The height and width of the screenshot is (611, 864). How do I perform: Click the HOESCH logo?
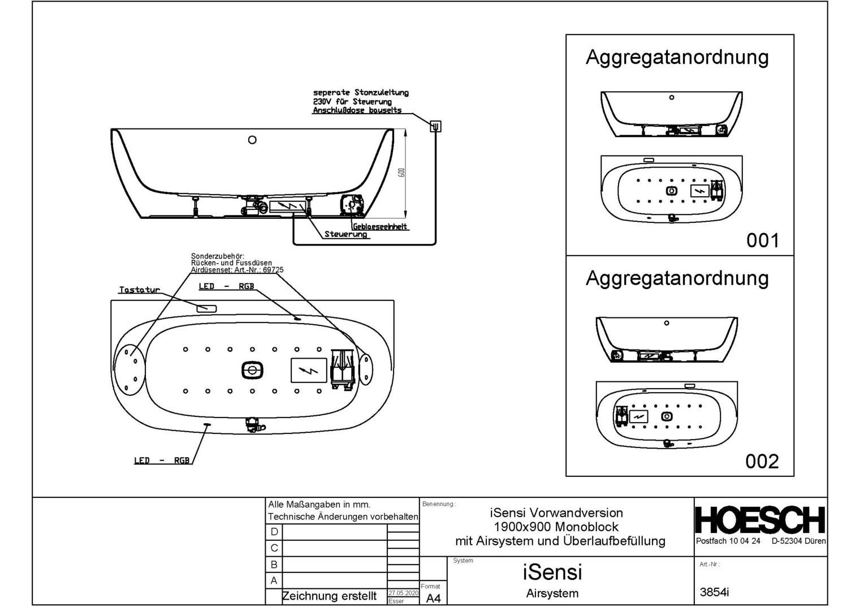pyautogui.click(x=760, y=520)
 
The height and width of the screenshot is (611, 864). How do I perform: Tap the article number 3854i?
pyautogui.click(x=714, y=592)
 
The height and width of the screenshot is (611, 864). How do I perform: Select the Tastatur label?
pyautogui.click(x=139, y=290)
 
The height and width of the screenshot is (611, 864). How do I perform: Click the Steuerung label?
pyautogui.click(x=345, y=234)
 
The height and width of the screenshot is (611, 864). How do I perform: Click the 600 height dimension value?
pyautogui.click(x=401, y=172)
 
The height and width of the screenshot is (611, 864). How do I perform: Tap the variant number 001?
pyautogui.click(x=762, y=240)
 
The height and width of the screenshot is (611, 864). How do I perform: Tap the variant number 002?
pyautogui.click(x=762, y=461)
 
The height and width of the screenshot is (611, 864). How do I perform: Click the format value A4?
pyautogui.click(x=433, y=598)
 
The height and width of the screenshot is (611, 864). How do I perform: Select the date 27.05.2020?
pyautogui.click(x=403, y=593)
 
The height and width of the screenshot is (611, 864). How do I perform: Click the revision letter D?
pyautogui.click(x=274, y=532)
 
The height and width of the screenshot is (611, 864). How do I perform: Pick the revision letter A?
pyautogui.click(x=274, y=580)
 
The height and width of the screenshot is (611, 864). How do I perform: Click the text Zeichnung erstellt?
pyautogui.click(x=329, y=596)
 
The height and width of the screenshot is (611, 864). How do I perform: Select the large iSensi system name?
pyautogui.click(x=552, y=572)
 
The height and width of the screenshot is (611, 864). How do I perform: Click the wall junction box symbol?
pyautogui.click(x=435, y=126)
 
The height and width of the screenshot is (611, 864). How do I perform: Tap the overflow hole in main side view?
pyautogui.click(x=252, y=140)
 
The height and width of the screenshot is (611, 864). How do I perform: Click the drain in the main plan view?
pyautogui.click(x=252, y=371)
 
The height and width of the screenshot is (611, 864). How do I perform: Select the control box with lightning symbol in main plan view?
pyautogui.click(x=309, y=371)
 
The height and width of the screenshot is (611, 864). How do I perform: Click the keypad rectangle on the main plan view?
pyautogui.click(x=206, y=308)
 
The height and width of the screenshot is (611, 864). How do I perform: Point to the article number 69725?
pyautogui.click(x=273, y=270)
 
